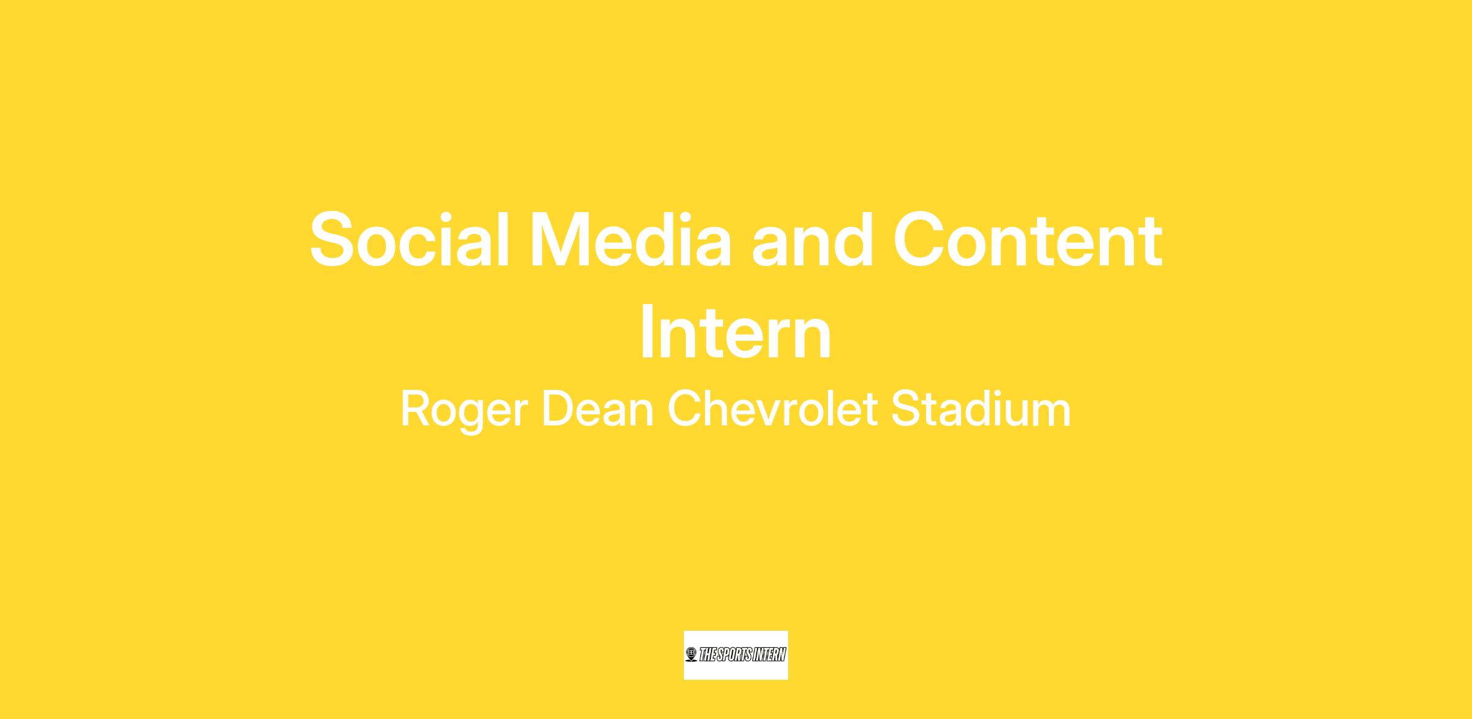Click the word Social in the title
410,239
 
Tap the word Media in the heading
632,239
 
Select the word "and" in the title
813,239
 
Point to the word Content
1028,240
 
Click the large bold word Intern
735,333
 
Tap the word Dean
597,409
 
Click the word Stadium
981,409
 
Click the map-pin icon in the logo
691,655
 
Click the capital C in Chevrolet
684,409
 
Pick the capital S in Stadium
907,409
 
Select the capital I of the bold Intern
646,333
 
